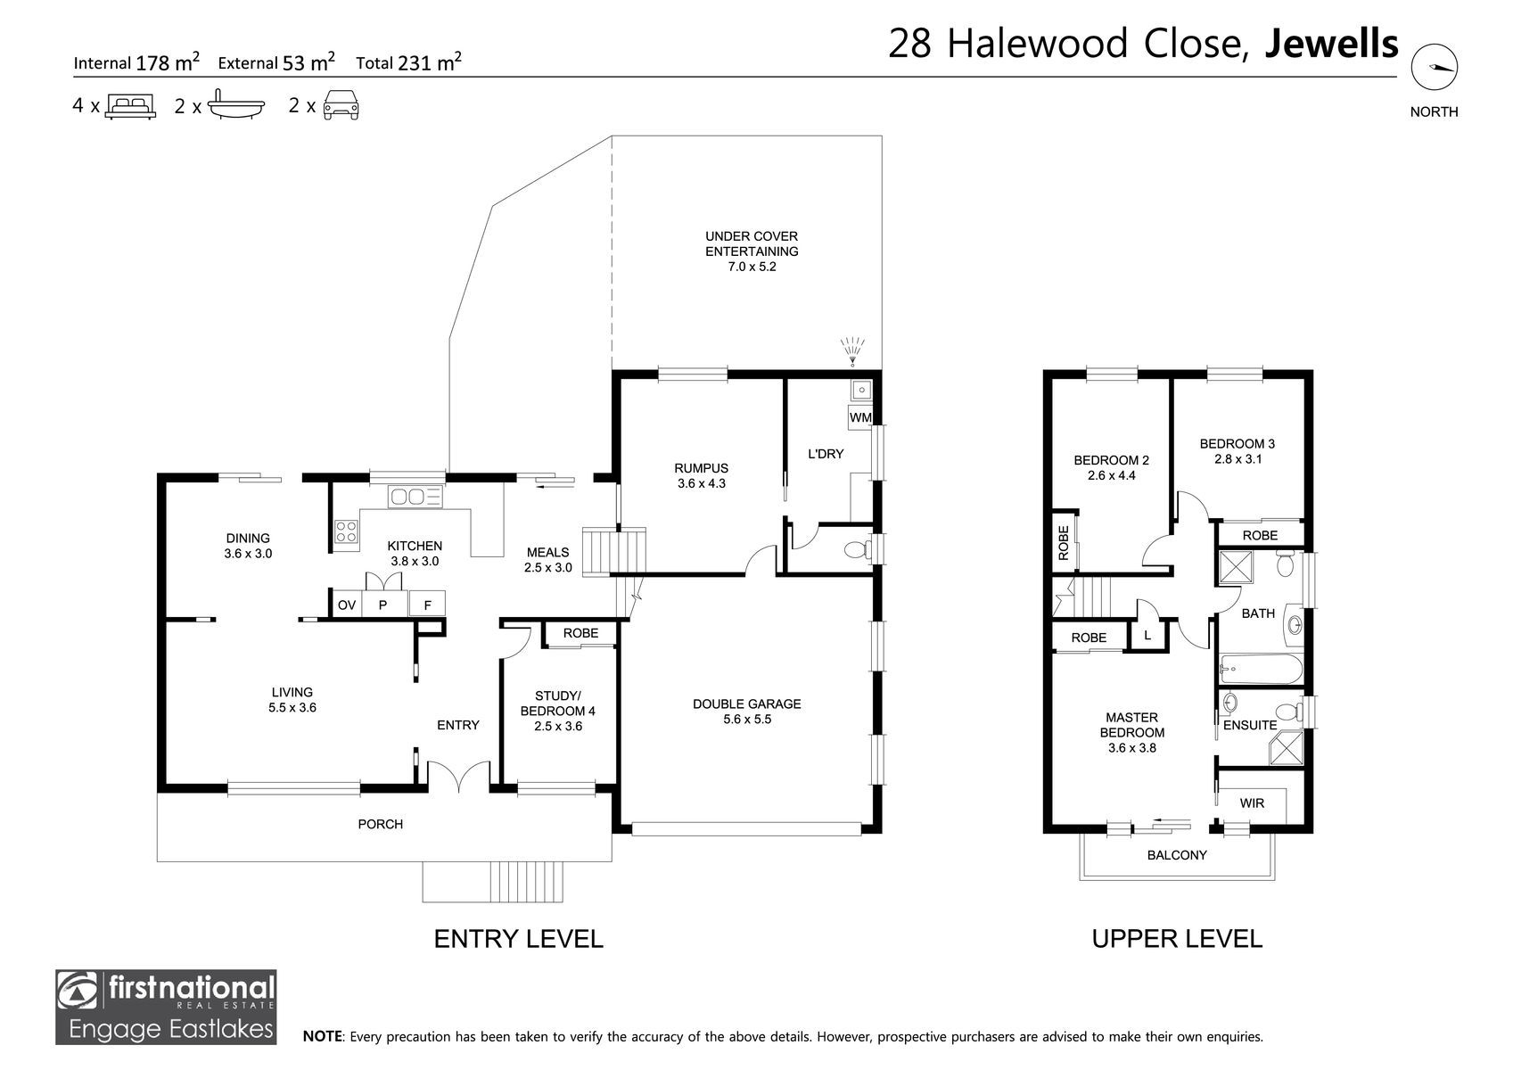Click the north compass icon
(1434, 67)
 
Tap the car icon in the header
(341, 106)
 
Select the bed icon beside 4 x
(130, 106)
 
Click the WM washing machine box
(859, 417)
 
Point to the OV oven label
(347, 605)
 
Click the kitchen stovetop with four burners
(346, 531)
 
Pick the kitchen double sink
(415, 497)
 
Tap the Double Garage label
(747, 704)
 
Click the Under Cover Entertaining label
(752, 243)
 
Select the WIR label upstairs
(1252, 803)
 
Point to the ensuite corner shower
(1286, 748)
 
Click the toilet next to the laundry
(859, 550)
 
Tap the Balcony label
(1177, 855)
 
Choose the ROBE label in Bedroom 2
(1064, 542)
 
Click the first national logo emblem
(78, 992)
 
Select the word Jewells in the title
(1330, 44)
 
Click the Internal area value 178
(152, 62)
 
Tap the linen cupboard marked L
(1147, 636)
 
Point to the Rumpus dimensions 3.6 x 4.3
(701, 483)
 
